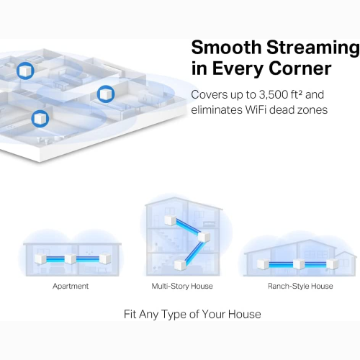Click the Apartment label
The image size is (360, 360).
click(x=71, y=286)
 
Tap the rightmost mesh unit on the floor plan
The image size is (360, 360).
click(x=105, y=94)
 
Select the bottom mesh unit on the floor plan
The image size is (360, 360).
click(x=39, y=117)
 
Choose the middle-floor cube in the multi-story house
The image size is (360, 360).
click(x=204, y=238)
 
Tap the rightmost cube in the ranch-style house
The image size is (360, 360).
click(x=333, y=264)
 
